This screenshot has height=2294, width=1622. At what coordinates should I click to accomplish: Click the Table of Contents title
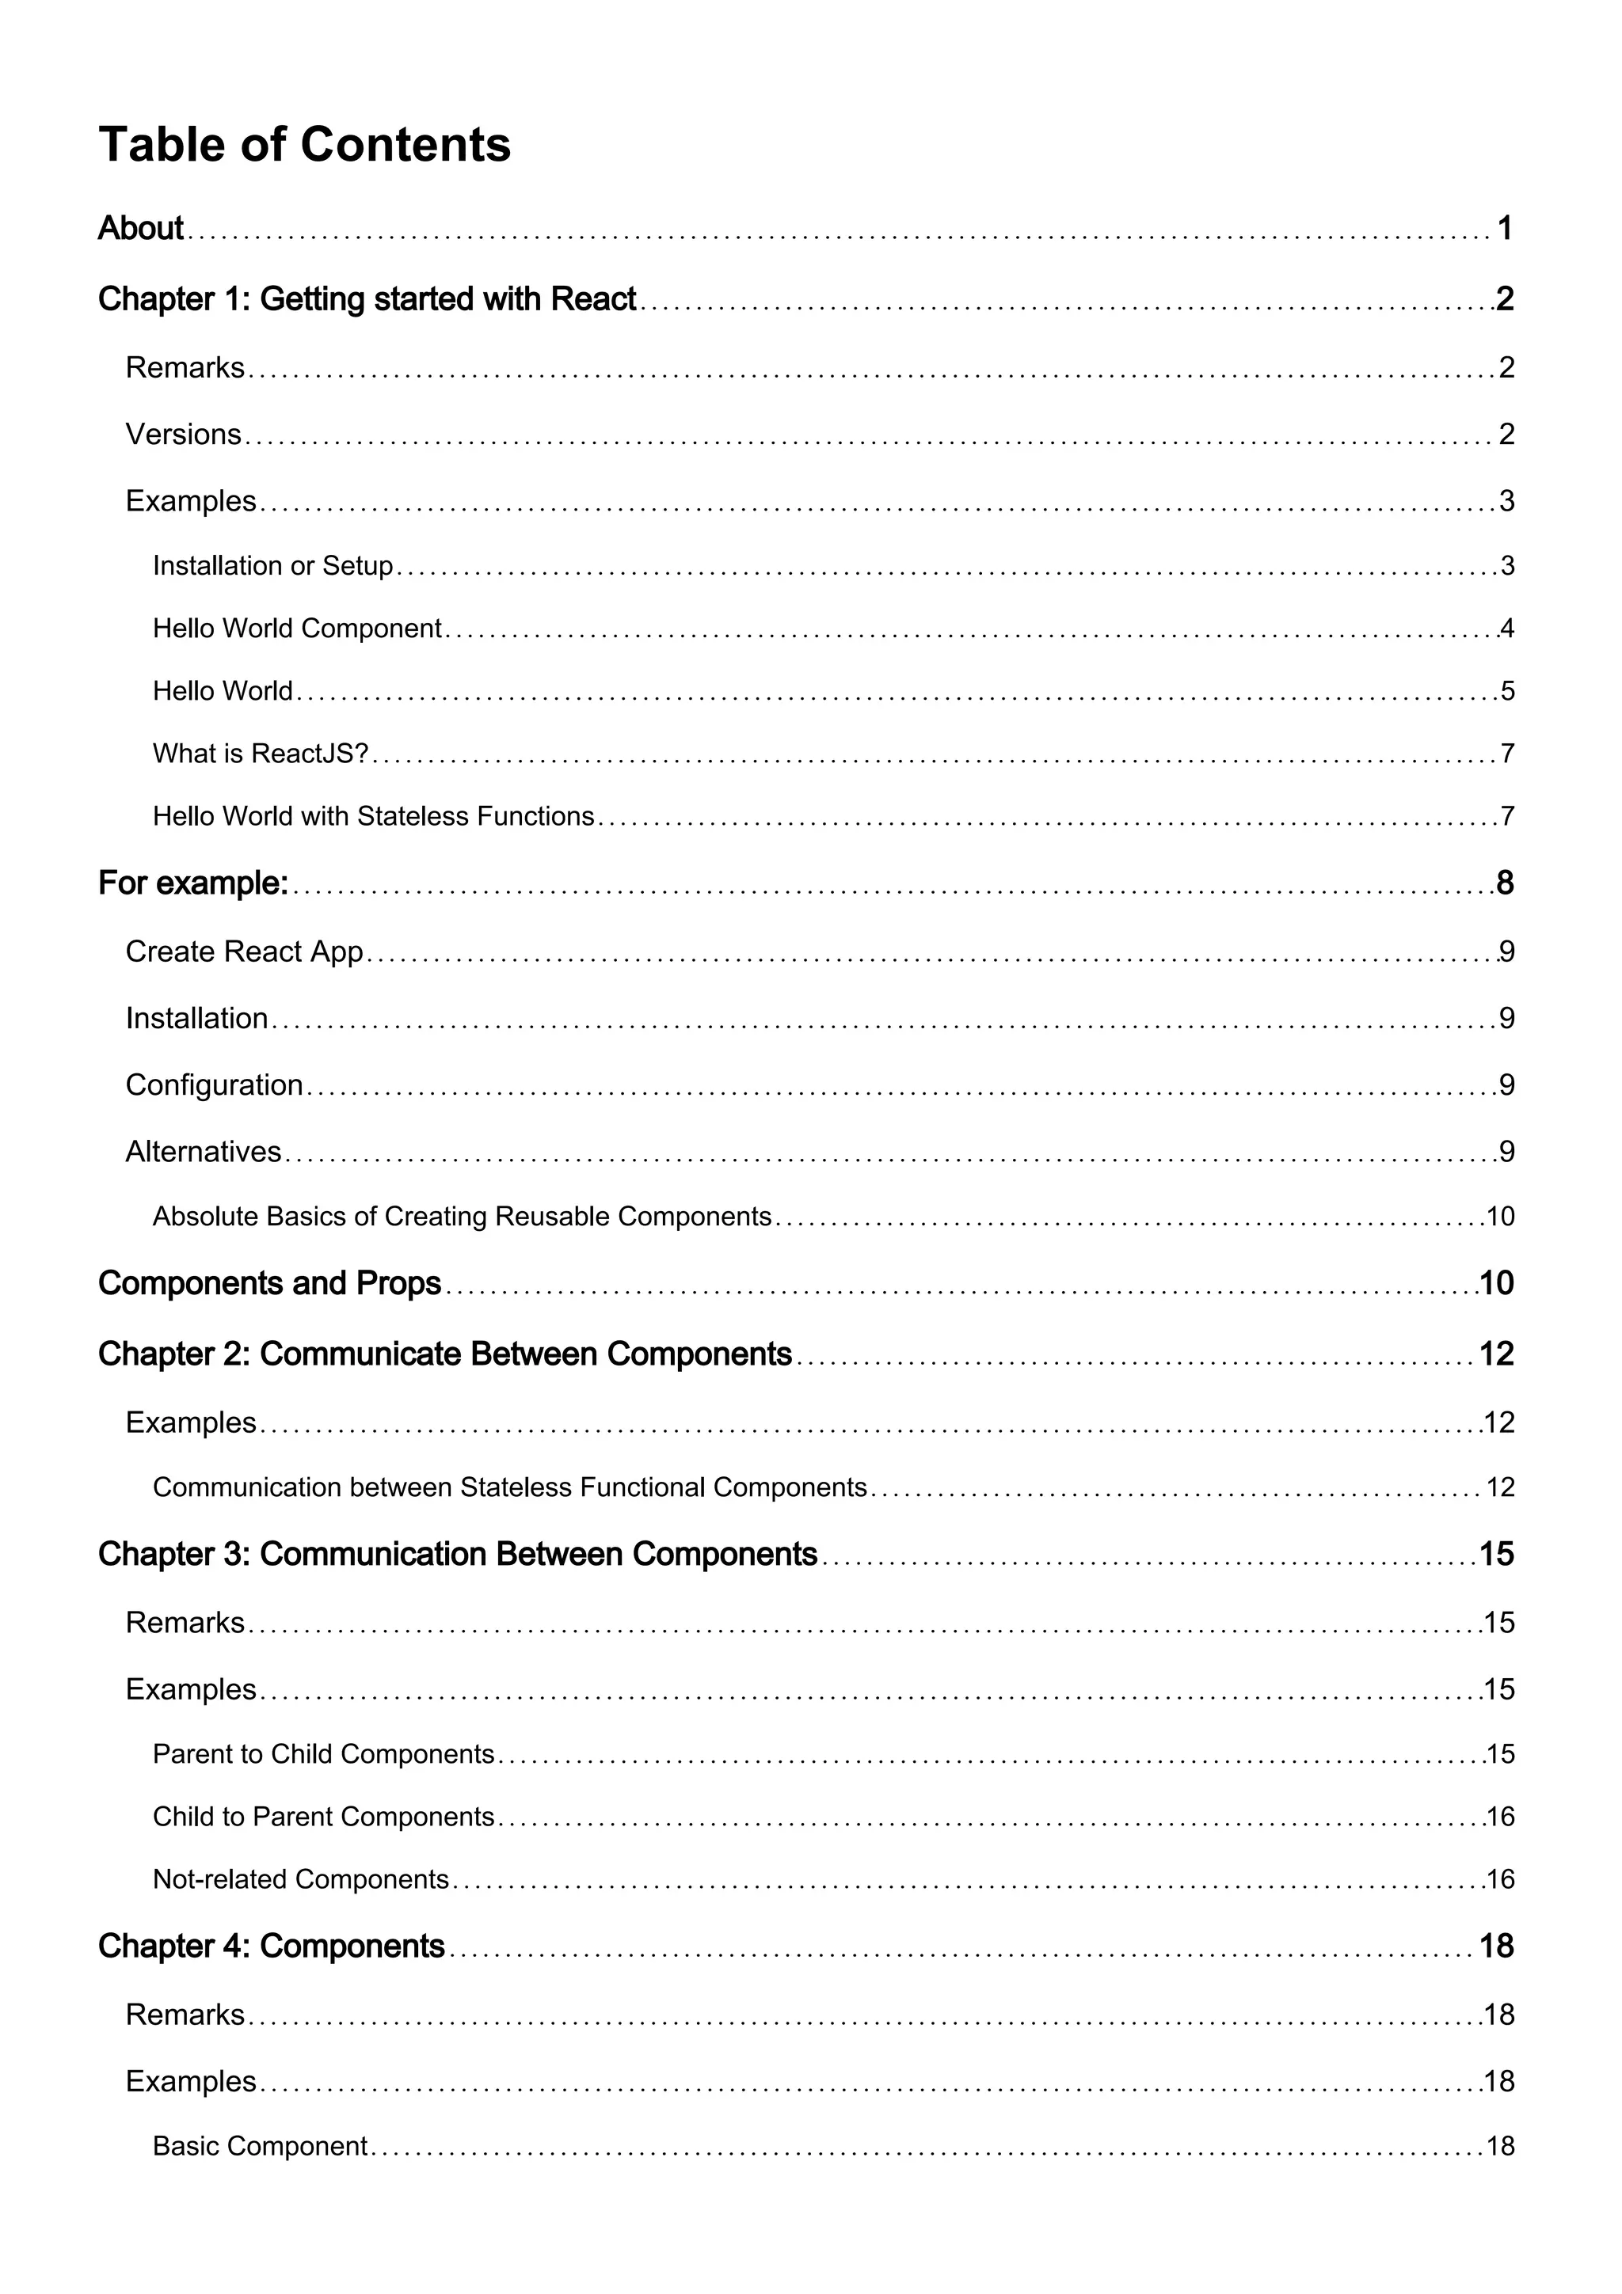304,145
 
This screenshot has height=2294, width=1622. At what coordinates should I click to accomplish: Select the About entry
141,229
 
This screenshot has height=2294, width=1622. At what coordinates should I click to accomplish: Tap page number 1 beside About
1504,229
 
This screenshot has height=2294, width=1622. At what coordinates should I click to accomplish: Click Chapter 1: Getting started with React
367,298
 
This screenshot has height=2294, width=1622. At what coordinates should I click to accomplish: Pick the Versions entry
183,435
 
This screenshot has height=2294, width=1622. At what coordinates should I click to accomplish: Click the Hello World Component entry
297,629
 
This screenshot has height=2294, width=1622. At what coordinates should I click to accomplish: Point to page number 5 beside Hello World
1507,691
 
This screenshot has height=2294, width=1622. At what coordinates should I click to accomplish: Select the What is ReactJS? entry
261,754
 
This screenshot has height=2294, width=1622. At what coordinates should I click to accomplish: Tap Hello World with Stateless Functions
373,817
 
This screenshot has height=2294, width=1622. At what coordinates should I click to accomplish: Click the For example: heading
193,883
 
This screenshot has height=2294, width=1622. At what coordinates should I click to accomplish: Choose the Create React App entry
244,951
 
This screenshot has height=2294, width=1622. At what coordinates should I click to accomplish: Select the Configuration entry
214,1085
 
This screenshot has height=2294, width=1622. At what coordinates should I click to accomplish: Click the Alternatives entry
203,1152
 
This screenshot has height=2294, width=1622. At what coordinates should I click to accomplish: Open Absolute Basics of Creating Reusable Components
462,1217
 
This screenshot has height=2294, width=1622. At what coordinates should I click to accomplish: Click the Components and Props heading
268,1284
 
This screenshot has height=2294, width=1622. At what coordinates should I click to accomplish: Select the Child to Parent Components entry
323,1817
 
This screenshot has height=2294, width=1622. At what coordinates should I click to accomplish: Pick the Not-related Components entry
300,1879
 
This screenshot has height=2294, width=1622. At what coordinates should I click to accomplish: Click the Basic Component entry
260,2146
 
